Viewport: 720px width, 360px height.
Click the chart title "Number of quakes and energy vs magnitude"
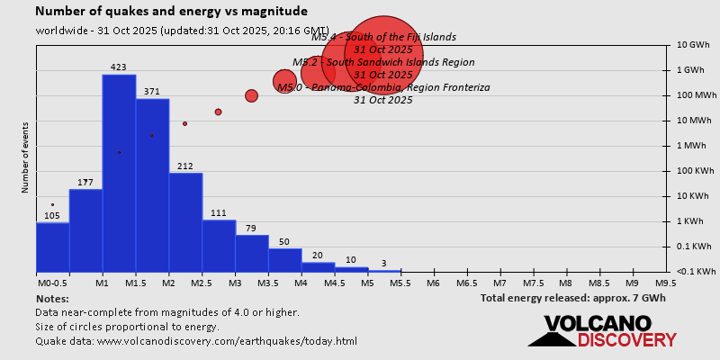click(x=171, y=12)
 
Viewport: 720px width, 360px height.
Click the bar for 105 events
click(x=52, y=247)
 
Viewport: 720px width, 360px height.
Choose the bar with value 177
click(x=85, y=230)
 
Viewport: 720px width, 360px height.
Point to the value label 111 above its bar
click(x=218, y=212)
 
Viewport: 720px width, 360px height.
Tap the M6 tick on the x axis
click(x=433, y=283)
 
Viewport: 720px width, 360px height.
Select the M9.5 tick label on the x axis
click(x=666, y=283)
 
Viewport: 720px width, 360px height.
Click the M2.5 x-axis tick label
click(x=201, y=283)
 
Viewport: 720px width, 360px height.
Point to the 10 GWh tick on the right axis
click(x=695, y=44)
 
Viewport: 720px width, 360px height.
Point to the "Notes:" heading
click(x=52, y=298)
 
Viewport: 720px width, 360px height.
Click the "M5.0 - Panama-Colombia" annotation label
click(x=383, y=87)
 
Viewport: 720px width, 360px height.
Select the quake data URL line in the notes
click(x=196, y=341)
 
